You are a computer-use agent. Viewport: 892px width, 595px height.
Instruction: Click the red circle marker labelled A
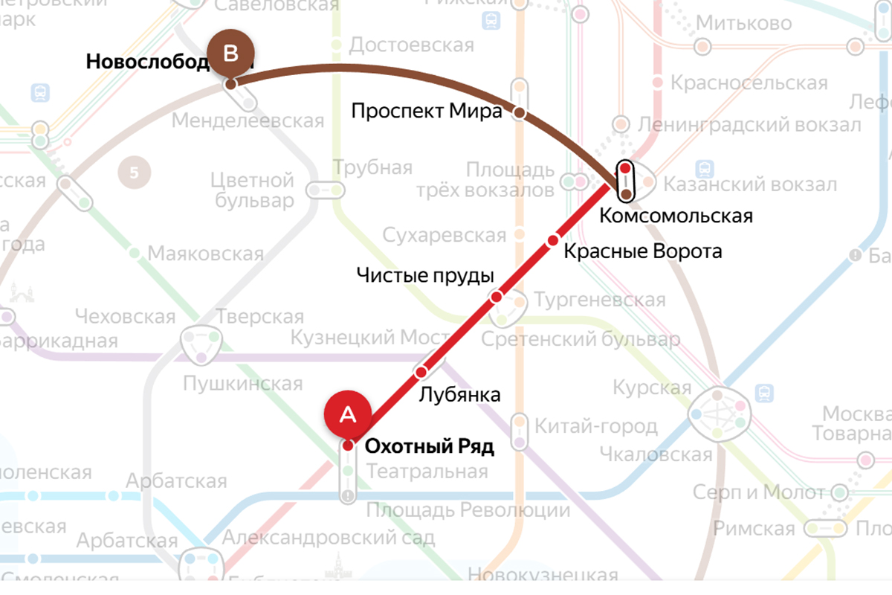click(347, 414)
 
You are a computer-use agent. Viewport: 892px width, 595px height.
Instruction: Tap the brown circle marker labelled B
click(230, 54)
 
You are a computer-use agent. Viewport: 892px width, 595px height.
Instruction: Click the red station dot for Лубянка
click(421, 371)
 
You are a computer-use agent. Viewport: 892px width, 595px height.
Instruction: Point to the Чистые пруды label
click(425, 275)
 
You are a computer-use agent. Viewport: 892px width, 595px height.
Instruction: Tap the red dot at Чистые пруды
click(497, 297)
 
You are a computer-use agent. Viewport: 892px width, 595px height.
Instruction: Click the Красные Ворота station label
click(642, 251)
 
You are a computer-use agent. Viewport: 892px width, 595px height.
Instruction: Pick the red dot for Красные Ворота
click(552, 240)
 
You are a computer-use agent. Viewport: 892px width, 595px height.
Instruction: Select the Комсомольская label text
click(676, 216)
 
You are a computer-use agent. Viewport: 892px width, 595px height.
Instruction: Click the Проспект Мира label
click(427, 112)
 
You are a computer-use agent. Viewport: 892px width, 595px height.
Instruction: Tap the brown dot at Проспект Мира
click(520, 114)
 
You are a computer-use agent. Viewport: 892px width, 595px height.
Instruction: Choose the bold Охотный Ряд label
click(430, 446)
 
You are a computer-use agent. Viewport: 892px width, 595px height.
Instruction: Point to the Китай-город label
click(596, 427)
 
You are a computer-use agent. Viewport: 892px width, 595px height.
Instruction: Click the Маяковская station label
click(206, 254)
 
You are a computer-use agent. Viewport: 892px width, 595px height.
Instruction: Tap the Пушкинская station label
click(244, 384)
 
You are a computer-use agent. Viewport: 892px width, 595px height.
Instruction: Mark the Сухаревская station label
click(445, 236)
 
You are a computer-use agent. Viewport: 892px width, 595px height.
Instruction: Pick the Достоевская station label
click(412, 45)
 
